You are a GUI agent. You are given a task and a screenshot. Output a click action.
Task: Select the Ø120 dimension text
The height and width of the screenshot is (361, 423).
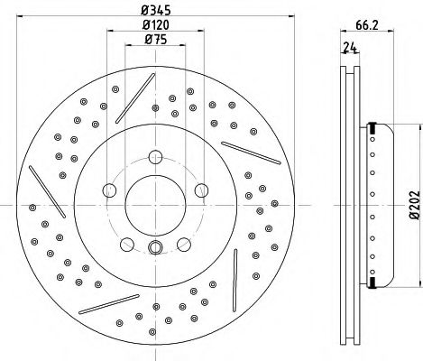point(151,26)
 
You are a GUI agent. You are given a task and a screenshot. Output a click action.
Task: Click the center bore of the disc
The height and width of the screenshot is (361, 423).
point(152,207)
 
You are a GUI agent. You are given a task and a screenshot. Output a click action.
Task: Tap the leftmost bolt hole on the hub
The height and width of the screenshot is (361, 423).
point(110,190)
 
